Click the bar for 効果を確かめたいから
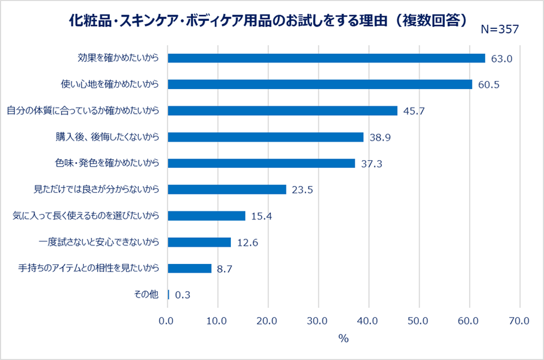326,58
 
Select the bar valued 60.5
319,85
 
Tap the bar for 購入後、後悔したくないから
265,137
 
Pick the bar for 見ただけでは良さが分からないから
226,189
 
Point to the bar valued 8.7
189,268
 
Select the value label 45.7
414,111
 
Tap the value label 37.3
371,164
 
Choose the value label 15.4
262,216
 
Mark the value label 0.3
182,295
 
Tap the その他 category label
146,295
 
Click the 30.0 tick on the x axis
317,320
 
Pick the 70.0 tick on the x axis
518,320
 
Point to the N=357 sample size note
500,29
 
